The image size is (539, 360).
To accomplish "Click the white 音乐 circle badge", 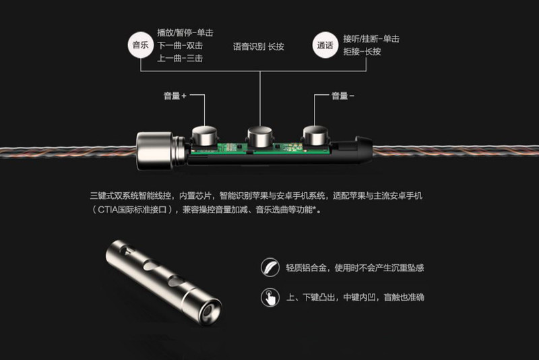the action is coord(141,45).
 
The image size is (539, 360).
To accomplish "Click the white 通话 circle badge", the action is coord(325,45).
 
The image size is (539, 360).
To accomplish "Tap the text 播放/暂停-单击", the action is coord(185,32).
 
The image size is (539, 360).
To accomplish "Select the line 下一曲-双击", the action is coord(180,45).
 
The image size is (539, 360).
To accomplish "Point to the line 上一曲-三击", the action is coord(180,58).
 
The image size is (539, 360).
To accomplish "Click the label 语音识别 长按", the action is coord(259,47).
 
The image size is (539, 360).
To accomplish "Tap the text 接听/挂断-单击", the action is coord(371,39).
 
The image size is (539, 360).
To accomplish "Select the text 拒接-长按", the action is coord(362,52).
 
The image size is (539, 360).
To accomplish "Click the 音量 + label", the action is coord(175,96).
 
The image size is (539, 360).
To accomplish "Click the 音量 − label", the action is coord(343,96).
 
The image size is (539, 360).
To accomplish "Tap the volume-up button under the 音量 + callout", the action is coord(205,136).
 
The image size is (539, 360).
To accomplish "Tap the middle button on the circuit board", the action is coord(260,136).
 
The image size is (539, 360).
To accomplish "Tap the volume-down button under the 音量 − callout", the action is coord(315,135).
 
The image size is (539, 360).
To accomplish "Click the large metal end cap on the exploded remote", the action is coord(155,150).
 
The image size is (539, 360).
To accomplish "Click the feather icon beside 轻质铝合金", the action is coord(270,267).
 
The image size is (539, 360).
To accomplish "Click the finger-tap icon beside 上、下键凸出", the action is coord(270,297).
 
